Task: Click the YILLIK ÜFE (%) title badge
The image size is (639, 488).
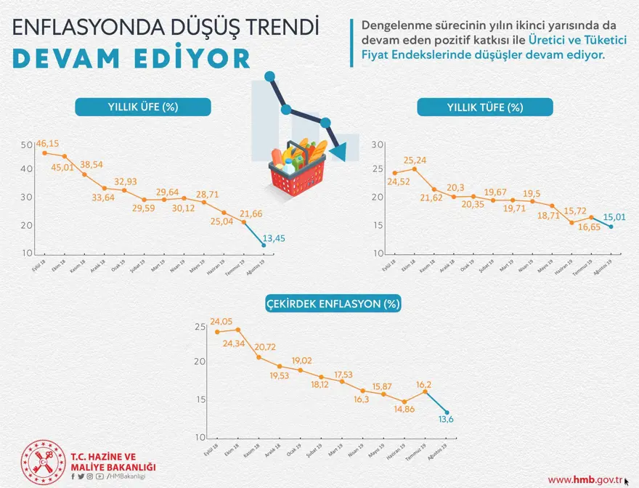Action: point(143,107)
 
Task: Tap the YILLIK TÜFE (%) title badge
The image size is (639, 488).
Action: point(485,107)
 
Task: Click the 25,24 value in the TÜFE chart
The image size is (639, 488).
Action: point(415,160)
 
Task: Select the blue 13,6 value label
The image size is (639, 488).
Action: point(447,420)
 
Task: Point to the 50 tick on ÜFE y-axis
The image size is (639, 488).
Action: point(27,145)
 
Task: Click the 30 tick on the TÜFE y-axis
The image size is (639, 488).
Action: point(376,145)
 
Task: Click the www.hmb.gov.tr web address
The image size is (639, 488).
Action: point(585,479)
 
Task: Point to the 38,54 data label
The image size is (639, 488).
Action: point(91,165)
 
